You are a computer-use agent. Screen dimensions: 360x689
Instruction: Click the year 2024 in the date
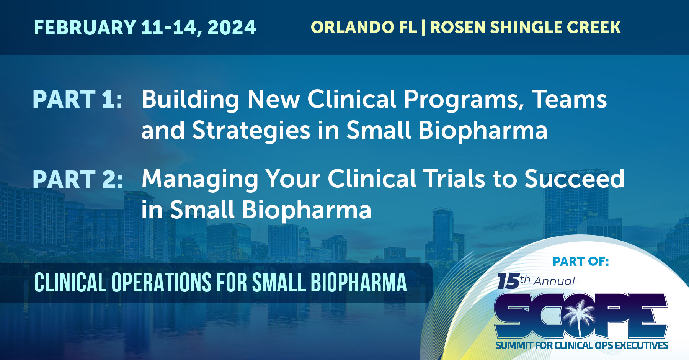click(x=232, y=28)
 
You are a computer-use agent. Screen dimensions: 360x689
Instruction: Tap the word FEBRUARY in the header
click(x=85, y=28)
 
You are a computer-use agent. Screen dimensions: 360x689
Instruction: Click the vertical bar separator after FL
click(x=423, y=27)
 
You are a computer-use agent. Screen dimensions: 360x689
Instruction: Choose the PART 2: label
click(x=78, y=179)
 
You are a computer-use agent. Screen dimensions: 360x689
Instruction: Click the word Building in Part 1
click(x=190, y=100)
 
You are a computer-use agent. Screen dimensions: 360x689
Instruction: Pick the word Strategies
click(x=251, y=131)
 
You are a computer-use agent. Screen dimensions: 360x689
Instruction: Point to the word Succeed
click(x=574, y=179)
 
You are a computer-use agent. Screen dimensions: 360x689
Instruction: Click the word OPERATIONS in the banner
click(x=161, y=283)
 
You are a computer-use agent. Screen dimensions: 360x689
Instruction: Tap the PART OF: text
click(x=581, y=261)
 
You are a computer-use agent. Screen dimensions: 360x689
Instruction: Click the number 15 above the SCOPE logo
click(x=508, y=281)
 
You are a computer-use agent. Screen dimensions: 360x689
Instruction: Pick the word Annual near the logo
click(x=554, y=281)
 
